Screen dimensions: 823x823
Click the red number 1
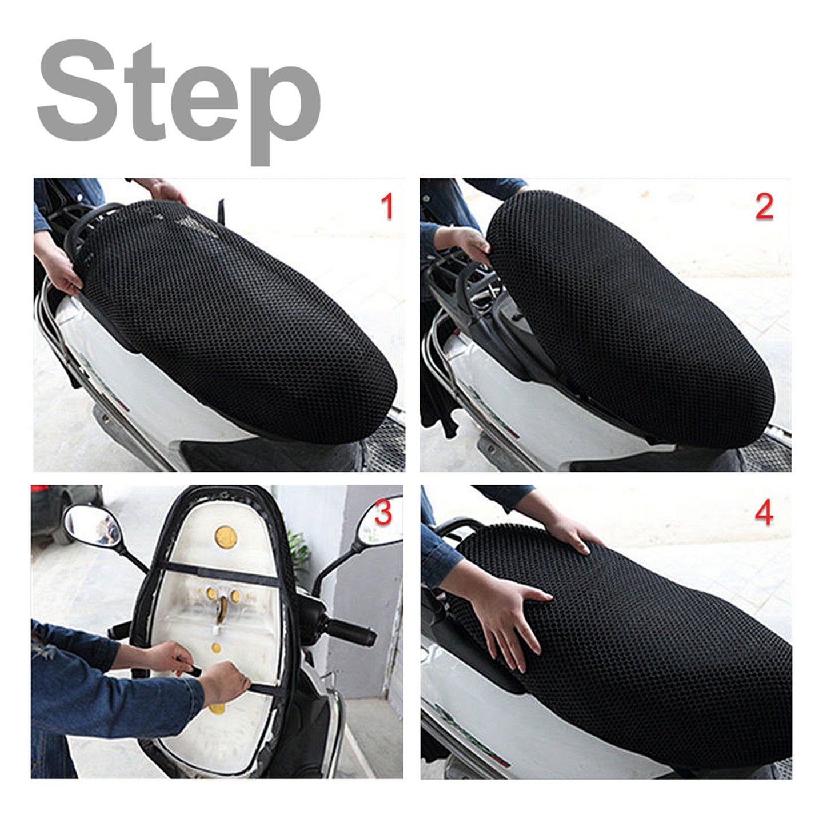pos(387,206)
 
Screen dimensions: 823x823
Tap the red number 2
pos(764,207)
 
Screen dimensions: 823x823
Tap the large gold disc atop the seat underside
pos(226,537)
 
